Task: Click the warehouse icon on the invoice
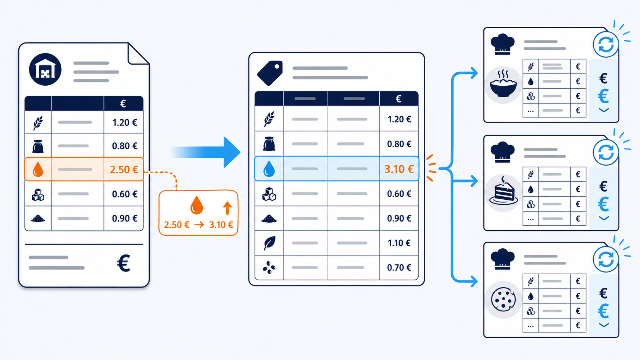[x=45, y=69]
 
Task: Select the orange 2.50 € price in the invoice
[x=124, y=169]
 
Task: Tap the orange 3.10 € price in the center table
[x=399, y=169]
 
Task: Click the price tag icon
[x=270, y=73]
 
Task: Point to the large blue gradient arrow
[x=206, y=152]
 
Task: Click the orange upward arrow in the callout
[x=227, y=208]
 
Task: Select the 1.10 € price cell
[x=399, y=243]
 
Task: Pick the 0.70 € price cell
[x=399, y=267]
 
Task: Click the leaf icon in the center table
[x=269, y=243]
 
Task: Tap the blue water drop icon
[x=269, y=169]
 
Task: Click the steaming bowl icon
[x=503, y=85]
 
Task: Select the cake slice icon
[x=503, y=192]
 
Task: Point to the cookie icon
[x=503, y=300]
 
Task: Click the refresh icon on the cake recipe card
[x=606, y=152]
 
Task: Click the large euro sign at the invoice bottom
[x=124, y=263]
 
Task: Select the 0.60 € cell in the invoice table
[x=123, y=194]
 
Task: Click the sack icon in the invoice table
[x=38, y=146]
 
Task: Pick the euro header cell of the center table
[x=399, y=99]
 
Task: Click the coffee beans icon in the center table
[x=269, y=267]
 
